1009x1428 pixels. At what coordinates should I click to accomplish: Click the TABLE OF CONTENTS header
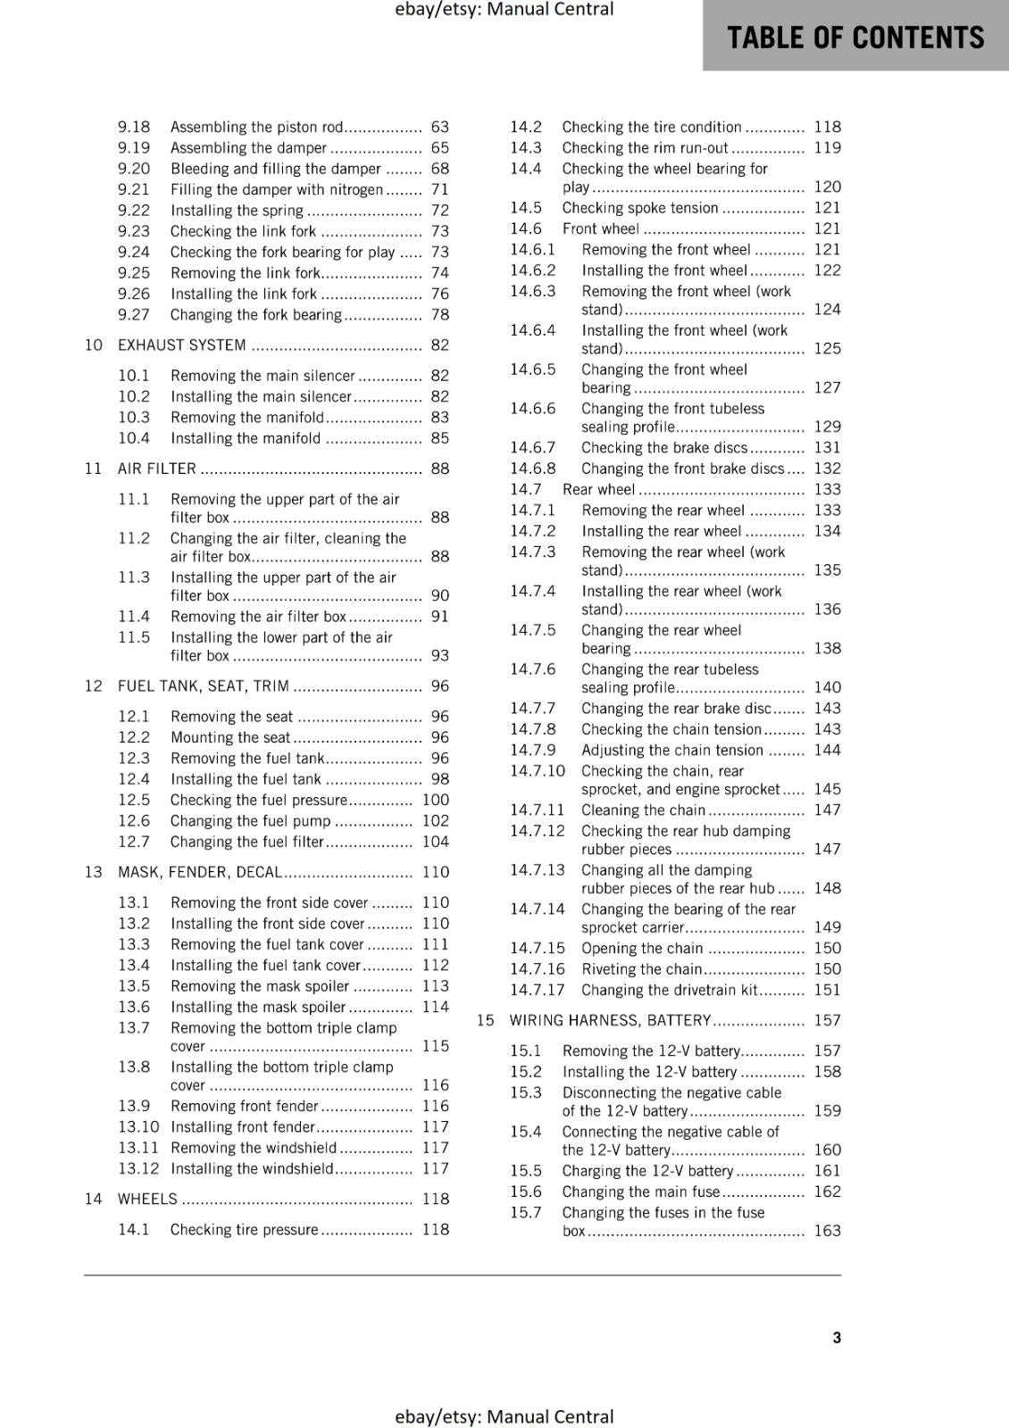pyautogui.click(x=855, y=37)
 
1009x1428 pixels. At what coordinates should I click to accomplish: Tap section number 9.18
pyautogui.click(x=134, y=127)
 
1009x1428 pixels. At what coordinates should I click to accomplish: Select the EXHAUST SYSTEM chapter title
pyautogui.click(x=182, y=345)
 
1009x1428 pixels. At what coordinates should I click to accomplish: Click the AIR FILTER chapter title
pyautogui.click(x=157, y=469)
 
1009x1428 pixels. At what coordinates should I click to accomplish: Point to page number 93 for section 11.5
pyautogui.click(x=439, y=656)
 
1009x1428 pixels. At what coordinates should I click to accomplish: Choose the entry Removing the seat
pyautogui.click(x=231, y=717)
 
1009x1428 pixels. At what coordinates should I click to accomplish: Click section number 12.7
pyautogui.click(x=134, y=842)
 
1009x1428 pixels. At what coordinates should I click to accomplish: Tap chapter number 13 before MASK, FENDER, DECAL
pyautogui.click(x=94, y=872)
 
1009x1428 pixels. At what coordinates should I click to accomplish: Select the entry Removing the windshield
pyautogui.click(x=254, y=1148)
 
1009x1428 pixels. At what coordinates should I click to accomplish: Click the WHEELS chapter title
pyautogui.click(x=147, y=1199)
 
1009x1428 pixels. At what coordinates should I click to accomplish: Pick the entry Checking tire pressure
pyautogui.click(x=244, y=1230)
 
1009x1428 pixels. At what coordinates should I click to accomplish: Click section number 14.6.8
pyautogui.click(x=532, y=469)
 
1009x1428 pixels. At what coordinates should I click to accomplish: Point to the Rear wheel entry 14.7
pyautogui.click(x=598, y=489)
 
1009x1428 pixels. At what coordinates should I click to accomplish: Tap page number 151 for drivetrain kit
pyautogui.click(x=827, y=990)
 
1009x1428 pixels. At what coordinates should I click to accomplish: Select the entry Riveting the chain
pyautogui.click(x=642, y=969)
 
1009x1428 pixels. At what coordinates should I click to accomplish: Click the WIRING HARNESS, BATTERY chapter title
pyautogui.click(x=610, y=1020)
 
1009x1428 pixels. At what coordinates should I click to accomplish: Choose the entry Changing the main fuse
pyautogui.click(x=640, y=1191)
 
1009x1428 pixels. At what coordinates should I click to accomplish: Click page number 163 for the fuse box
pyautogui.click(x=827, y=1231)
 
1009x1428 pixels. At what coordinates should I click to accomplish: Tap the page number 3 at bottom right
pyautogui.click(x=837, y=1337)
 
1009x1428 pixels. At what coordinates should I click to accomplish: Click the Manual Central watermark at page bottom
pyautogui.click(x=504, y=1416)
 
